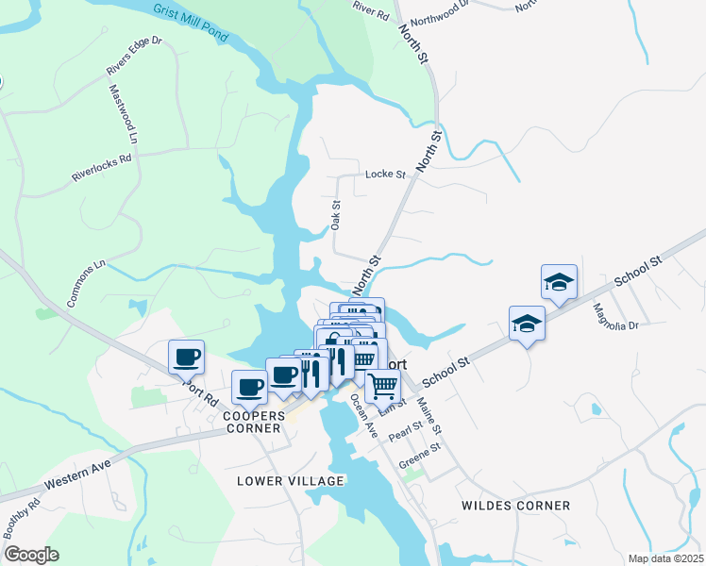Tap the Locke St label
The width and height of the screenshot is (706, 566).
click(384, 175)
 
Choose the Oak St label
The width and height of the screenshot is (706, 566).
click(335, 214)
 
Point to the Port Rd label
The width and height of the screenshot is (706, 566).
click(200, 389)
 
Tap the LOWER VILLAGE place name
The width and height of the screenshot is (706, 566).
click(290, 481)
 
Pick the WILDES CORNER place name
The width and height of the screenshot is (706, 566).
click(515, 506)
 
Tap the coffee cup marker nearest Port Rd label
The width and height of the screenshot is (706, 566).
click(186, 357)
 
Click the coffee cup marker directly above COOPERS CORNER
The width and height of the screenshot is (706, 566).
click(249, 386)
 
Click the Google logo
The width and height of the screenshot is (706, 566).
click(32, 555)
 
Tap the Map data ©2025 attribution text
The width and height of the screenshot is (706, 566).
click(665, 558)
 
